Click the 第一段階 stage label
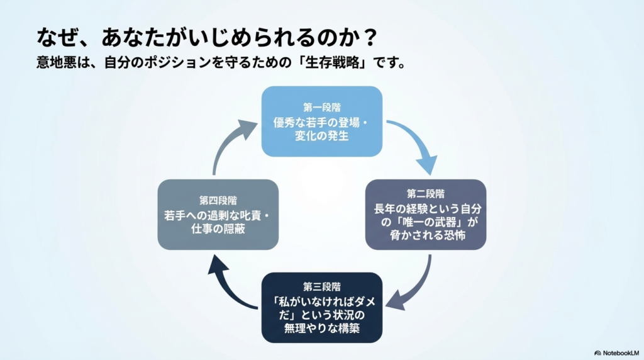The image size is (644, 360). coord(321,107)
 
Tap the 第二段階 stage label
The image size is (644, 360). coord(426,194)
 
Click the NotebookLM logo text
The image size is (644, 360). coord(619,352)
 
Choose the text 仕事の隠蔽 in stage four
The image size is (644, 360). coord(218,230)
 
